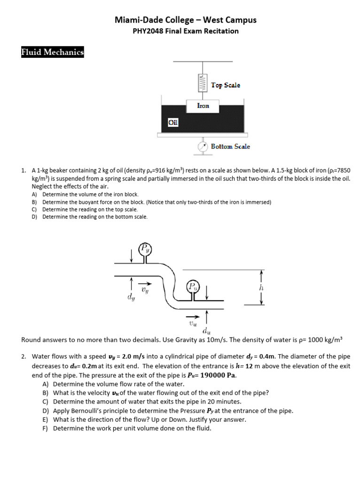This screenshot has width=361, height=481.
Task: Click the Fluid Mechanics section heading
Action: coord(52,52)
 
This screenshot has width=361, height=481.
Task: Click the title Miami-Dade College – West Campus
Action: coord(186,20)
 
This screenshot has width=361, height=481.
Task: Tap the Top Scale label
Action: coord(225,85)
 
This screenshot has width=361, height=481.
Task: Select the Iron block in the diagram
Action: coord(203,106)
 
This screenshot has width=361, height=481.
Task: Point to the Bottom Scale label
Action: coord(230,147)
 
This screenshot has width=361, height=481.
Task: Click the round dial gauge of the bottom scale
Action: coord(203,147)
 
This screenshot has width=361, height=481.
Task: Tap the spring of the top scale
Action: coord(203,83)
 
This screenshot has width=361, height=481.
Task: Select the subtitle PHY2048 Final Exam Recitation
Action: coord(186,31)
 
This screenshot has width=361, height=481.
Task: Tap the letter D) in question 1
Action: coord(34,217)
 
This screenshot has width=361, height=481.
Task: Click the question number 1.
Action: coord(24,171)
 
